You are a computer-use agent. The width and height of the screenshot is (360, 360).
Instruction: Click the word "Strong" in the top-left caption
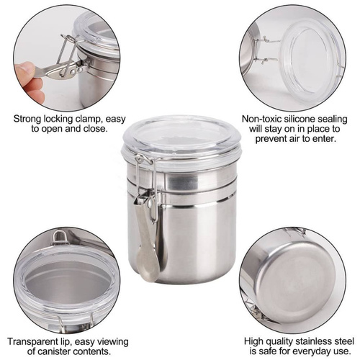[27, 119]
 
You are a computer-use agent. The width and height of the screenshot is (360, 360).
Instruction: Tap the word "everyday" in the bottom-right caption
[312, 351]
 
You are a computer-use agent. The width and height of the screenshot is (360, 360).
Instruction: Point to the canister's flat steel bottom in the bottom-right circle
[297, 279]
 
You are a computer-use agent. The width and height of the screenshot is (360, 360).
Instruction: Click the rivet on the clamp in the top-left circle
[72, 71]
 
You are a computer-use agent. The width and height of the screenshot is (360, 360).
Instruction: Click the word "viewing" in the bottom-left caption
[114, 342]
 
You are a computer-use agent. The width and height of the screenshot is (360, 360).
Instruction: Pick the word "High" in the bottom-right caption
[253, 342]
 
